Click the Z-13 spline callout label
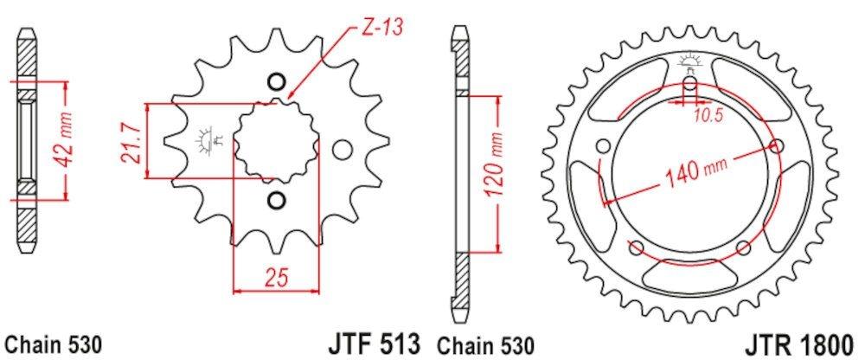(x=382, y=27)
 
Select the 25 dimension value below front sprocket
(x=277, y=278)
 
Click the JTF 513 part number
(x=373, y=344)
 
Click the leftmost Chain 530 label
(x=54, y=345)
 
